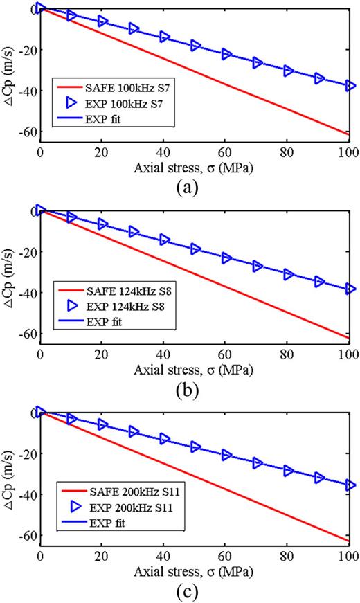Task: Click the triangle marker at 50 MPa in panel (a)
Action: pyautogui.click(x=195, y=46)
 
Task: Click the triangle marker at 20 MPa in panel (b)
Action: pyautogui.click(x=102, y=224)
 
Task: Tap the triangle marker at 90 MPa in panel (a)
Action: pyautogui.click(x=319, y=78)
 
